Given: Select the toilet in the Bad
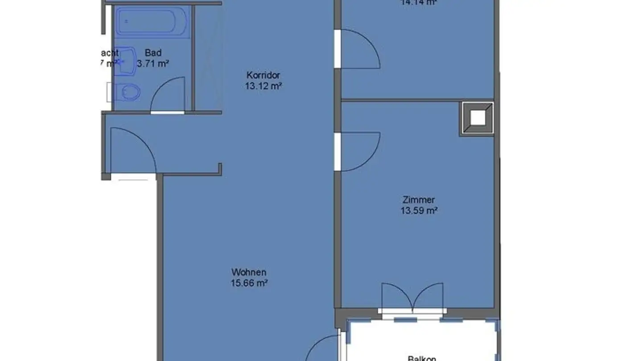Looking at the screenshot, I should (x=129, y=93).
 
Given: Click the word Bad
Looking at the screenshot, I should (x=153, y=53).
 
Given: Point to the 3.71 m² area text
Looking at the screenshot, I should (x=153, y=64).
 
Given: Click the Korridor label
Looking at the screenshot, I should (x=263, y=75).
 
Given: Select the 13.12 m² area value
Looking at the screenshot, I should (x=263, y=86).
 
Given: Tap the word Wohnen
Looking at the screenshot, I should (x=249, y=272).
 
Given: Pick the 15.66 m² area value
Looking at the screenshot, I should (x=249, y=283).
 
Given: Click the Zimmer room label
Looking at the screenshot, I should (x=418, y=200).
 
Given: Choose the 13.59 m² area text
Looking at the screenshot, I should (x=418, y=211).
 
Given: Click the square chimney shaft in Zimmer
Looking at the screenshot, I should (x=477, y=118).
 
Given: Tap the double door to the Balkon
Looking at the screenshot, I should (x=412, y=296).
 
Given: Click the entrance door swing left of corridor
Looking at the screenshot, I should (x=132, y=149).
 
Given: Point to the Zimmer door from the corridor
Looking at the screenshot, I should (x=359, y=152).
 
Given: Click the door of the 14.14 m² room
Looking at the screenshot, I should (x=359, y=49).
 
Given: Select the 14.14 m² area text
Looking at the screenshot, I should (x=418, y=2).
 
